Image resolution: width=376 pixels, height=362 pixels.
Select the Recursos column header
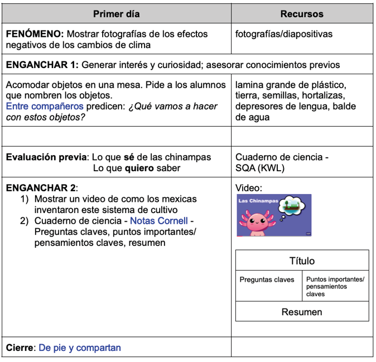(x=301, y=14)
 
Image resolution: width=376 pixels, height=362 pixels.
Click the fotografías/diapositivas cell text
(x=283, y=34)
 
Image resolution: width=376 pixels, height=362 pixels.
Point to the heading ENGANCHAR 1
(x=42, y=65)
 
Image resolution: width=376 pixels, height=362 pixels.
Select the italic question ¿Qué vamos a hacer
(x=173, y=106)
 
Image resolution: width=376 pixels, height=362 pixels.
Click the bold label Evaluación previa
(x=46, y=157)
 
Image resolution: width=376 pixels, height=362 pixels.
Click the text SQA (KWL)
(x=259, y=168)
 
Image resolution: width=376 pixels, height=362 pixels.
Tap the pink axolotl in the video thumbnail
(x=257, y=221)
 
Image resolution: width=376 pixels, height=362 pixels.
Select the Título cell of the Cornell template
(x=302, y=260)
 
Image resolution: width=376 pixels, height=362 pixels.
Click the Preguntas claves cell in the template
(x=267, y=279)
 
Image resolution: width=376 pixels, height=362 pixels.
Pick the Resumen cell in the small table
(x=302, y=312)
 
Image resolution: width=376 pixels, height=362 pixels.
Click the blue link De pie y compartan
(x=79, y=347)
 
